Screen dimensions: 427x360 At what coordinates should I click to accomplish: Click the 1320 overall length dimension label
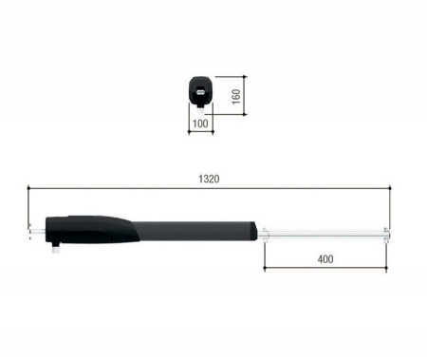tap(209, 179)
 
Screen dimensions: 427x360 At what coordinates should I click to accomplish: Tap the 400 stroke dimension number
tap(325, 259)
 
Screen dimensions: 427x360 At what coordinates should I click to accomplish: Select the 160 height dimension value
tap(236, 97)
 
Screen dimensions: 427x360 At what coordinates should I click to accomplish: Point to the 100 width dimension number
tap(200, 123)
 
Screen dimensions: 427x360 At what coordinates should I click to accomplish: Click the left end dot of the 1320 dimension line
tap(28, 188)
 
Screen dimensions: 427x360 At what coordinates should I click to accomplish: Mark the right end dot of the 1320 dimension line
tap(390, 188)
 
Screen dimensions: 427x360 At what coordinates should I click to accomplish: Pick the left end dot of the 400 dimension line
tap(265, 268)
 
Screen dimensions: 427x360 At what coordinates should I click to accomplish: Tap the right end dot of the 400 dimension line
tap(386, 268)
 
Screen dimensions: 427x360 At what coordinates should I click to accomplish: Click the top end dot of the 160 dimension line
tap(245, 76)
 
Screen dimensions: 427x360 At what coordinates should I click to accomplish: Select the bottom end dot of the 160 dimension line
tap(245, 114)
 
